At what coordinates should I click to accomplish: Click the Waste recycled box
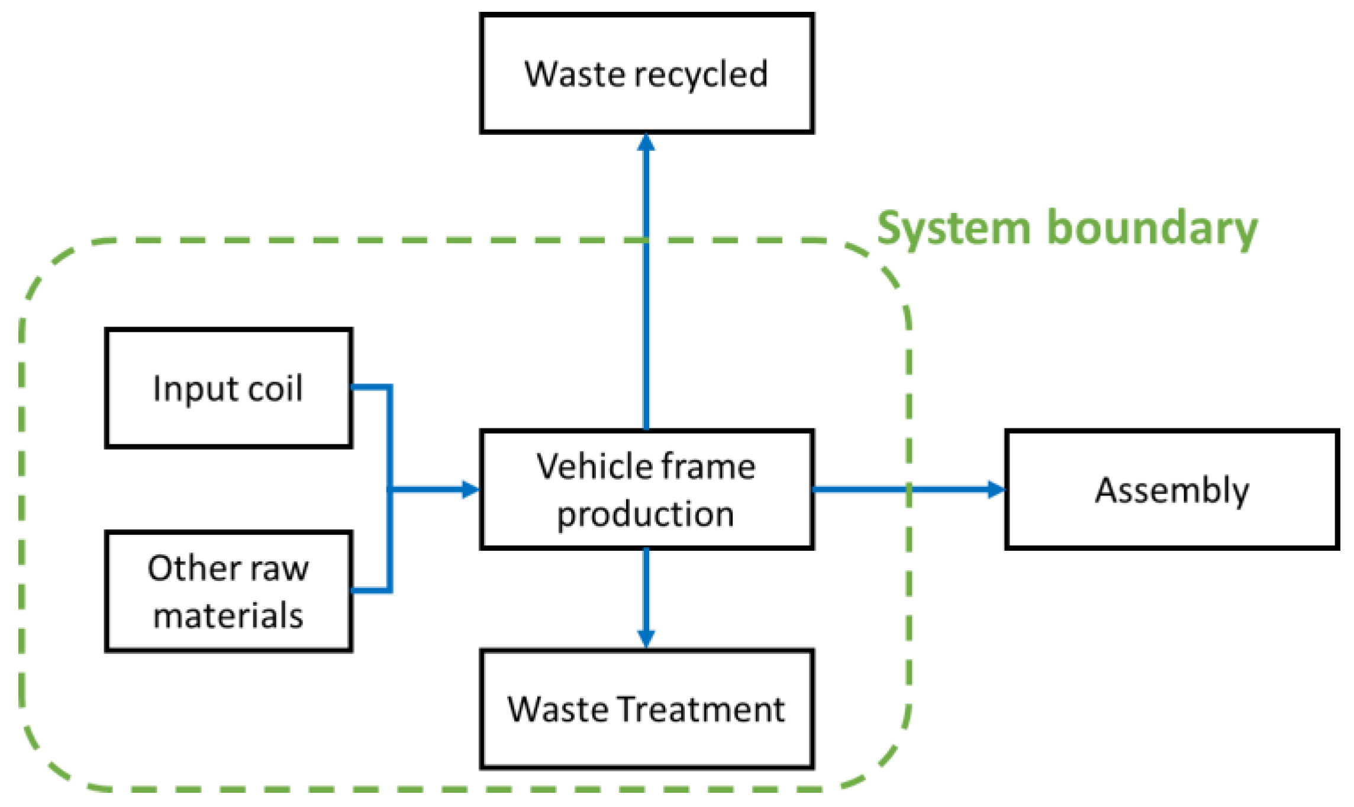[x=646, y=73]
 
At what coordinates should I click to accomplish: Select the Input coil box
[x=228, y=388]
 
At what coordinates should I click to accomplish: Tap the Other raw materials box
[x=228, y=592]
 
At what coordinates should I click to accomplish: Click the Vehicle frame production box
[x=646, y=490]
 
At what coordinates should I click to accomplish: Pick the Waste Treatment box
[x=646, y=709]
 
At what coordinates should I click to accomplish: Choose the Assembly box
[x=1172, y=490]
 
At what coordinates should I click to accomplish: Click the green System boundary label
[x=1067, y=228]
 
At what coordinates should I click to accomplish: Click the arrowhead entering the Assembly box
[x=997, y=489]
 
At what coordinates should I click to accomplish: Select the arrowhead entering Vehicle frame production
[x=470, y=489]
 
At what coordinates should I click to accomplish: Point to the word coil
[x=275, y=389]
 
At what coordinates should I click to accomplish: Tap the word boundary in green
[x=1152, y=228]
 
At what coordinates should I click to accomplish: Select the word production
[x=646, y=514]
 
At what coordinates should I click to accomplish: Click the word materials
[x=228, y=615]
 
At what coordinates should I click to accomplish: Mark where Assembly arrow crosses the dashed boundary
[x=909, y=489]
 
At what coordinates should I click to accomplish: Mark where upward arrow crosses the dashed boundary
[x=646, y=240]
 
